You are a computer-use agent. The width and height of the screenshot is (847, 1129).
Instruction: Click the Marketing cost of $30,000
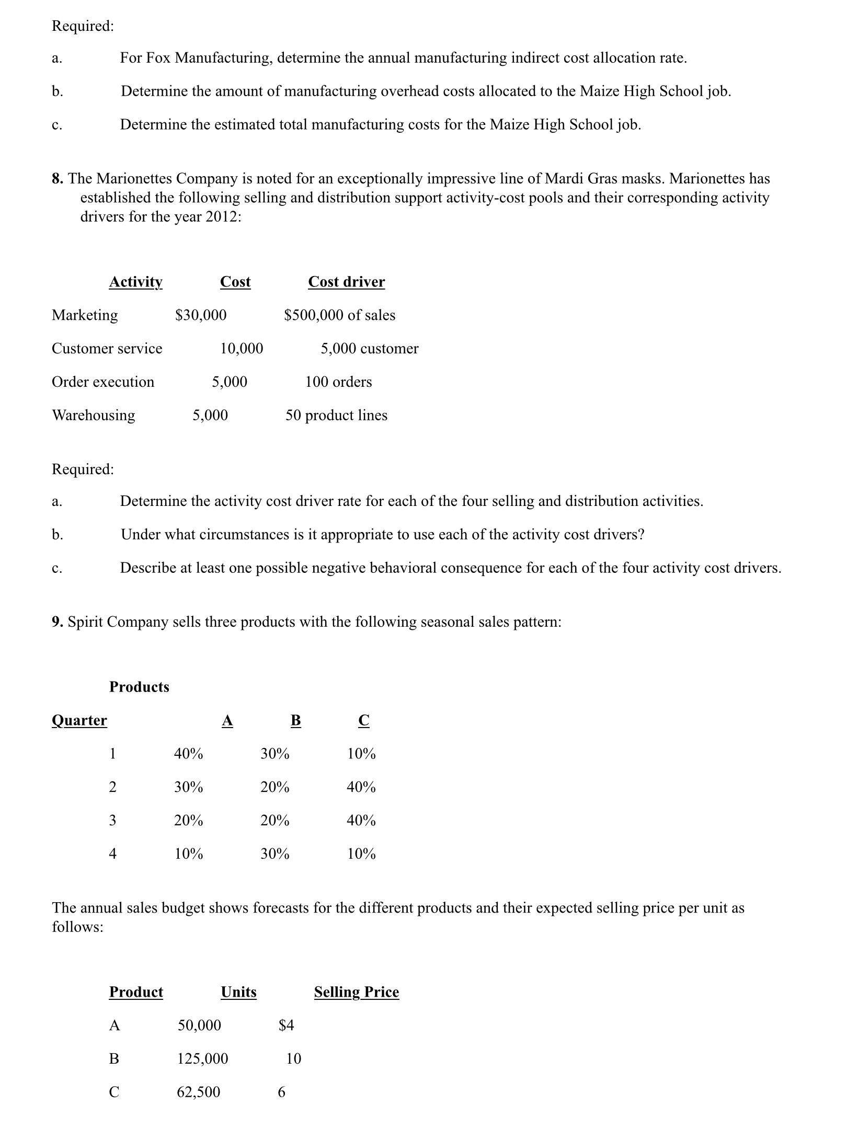[x=201, y=315]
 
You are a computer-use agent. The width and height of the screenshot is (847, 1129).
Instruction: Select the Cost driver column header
[x=346, y=282]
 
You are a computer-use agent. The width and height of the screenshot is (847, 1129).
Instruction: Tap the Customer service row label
[x=107, y=349]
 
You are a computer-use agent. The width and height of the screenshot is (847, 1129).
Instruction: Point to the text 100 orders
[x=338, y=382]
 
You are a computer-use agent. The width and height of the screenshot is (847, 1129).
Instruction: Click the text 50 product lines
[x=336, y=416]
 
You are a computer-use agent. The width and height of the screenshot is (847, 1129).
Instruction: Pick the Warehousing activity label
[x=93, y=416]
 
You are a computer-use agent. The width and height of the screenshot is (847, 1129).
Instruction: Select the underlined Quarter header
[x=79, y=720]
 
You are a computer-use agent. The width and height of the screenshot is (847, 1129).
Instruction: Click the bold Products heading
[x=139, y=687]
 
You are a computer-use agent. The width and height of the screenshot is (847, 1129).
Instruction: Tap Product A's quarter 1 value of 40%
[x=188, y=754]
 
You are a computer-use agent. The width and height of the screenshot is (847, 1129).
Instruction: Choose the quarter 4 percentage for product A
[x=188, y=854]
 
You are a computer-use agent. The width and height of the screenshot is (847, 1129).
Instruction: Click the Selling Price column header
[x=356, y=992]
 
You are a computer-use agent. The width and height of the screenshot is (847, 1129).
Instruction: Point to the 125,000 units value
[x=203, y=1059]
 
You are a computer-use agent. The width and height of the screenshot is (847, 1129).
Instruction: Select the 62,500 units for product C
[x=199, y=1092]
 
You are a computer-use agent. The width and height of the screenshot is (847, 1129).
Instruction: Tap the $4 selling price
[x=287, y=1026]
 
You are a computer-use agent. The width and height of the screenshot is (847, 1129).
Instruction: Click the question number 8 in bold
[x=58, y=179]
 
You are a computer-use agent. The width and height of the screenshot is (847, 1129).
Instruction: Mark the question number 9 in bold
[x=58, y=622]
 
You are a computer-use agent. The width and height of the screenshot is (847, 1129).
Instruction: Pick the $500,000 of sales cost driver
[x=339, y=315]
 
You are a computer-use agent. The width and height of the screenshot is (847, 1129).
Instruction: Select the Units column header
[x=238, y=992]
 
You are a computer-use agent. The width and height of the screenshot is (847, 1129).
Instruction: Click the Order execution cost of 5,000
[x=229, y=382]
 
